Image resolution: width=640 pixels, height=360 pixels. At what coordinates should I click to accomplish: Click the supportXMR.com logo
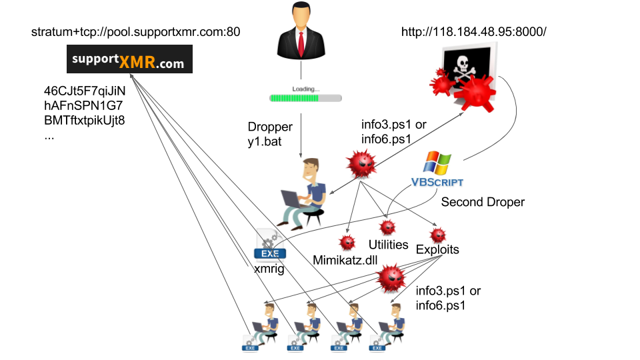coord(130,59)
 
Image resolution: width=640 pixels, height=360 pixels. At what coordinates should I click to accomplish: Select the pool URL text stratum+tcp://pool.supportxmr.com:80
coord(135,31)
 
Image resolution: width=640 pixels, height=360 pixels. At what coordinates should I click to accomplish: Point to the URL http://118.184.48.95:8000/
coord(473,31)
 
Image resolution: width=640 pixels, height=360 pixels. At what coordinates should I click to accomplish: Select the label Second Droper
coord(483,201)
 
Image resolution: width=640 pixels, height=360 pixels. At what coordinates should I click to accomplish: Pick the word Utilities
coord(388,245)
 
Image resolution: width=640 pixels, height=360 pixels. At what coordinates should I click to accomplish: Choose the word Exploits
coord(437,250)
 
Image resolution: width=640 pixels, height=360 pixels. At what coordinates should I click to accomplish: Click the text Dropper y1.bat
coord(270,133)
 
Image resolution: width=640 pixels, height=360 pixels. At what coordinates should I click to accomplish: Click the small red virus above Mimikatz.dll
coord(347,242)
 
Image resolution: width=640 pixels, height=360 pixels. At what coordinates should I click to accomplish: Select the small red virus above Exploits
coord(438,235)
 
